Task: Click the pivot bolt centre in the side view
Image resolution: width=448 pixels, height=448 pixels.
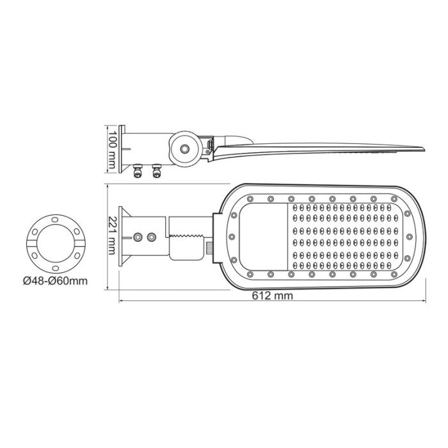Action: tap(185, 148)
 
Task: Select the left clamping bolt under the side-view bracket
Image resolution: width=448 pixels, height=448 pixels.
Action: tap(136, 171)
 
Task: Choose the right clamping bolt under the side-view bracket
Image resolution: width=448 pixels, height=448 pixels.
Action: tap(156, 171)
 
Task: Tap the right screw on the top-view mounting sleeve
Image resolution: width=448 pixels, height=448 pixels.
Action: tap(152, 237)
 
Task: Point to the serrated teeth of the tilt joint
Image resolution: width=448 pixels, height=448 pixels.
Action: tap(190, 236)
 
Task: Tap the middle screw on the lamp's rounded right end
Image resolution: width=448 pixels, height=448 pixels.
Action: tap(416, 236)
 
